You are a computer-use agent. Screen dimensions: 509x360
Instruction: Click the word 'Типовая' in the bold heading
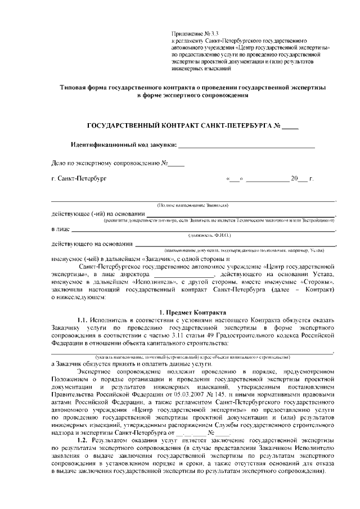click(75, 88)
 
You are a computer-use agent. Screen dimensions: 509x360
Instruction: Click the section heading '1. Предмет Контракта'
click(192, 312)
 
